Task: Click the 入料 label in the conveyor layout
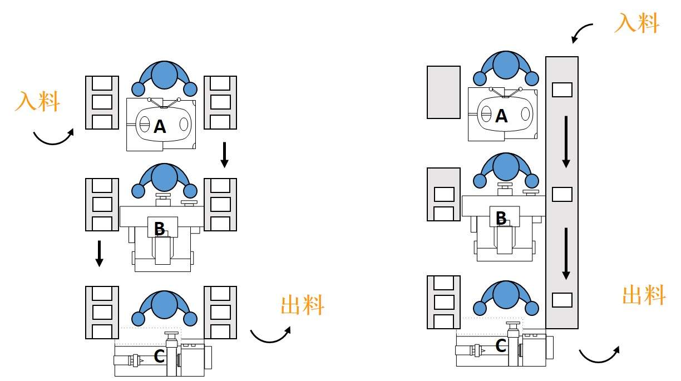point(636,23)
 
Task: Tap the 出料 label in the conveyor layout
point(644,295)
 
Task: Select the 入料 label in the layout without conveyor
point(37,101)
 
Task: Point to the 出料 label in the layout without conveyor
point(302,305)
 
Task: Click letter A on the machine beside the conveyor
point(501,116)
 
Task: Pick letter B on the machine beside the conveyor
point(501,219)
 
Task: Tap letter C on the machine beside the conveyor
point(501,347)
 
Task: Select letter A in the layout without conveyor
point(160,127)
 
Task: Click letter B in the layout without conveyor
point(159,228)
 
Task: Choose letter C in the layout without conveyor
point(159,357)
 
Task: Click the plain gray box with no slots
point(443,92)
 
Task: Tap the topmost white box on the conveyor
point(561,90)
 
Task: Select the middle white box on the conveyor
point(561,194)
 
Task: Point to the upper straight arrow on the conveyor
point(566,141)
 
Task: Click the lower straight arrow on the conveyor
point(566,253)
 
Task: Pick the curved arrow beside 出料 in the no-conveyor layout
point(270,335)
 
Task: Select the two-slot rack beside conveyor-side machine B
point(443,194)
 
